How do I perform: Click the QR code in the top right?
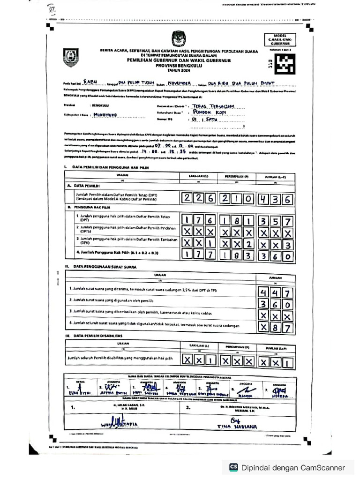point(284,62)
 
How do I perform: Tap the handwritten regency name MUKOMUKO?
point(99,114)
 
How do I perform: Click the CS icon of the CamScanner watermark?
point(233,467)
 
